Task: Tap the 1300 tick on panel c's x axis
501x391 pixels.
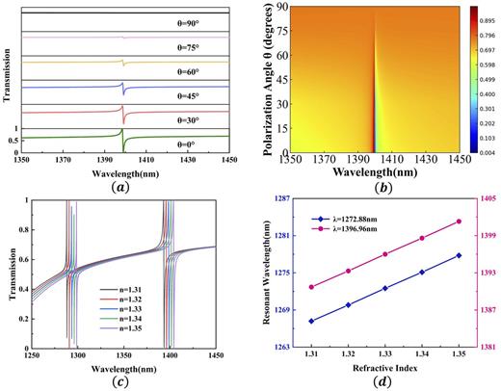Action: point(92,356)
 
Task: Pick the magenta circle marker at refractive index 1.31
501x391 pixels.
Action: point(311,287)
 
